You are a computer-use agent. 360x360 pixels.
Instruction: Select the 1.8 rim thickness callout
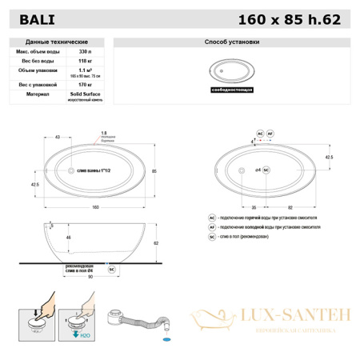click(x=104, y=133)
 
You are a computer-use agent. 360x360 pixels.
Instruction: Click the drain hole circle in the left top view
click(x=71, y=171)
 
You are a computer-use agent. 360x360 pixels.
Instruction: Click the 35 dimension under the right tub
click(x=242, y=206)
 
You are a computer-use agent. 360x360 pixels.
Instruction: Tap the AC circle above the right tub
click(x=260, y=134)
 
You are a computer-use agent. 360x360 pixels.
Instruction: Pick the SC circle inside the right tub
click(x=266, y=170)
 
